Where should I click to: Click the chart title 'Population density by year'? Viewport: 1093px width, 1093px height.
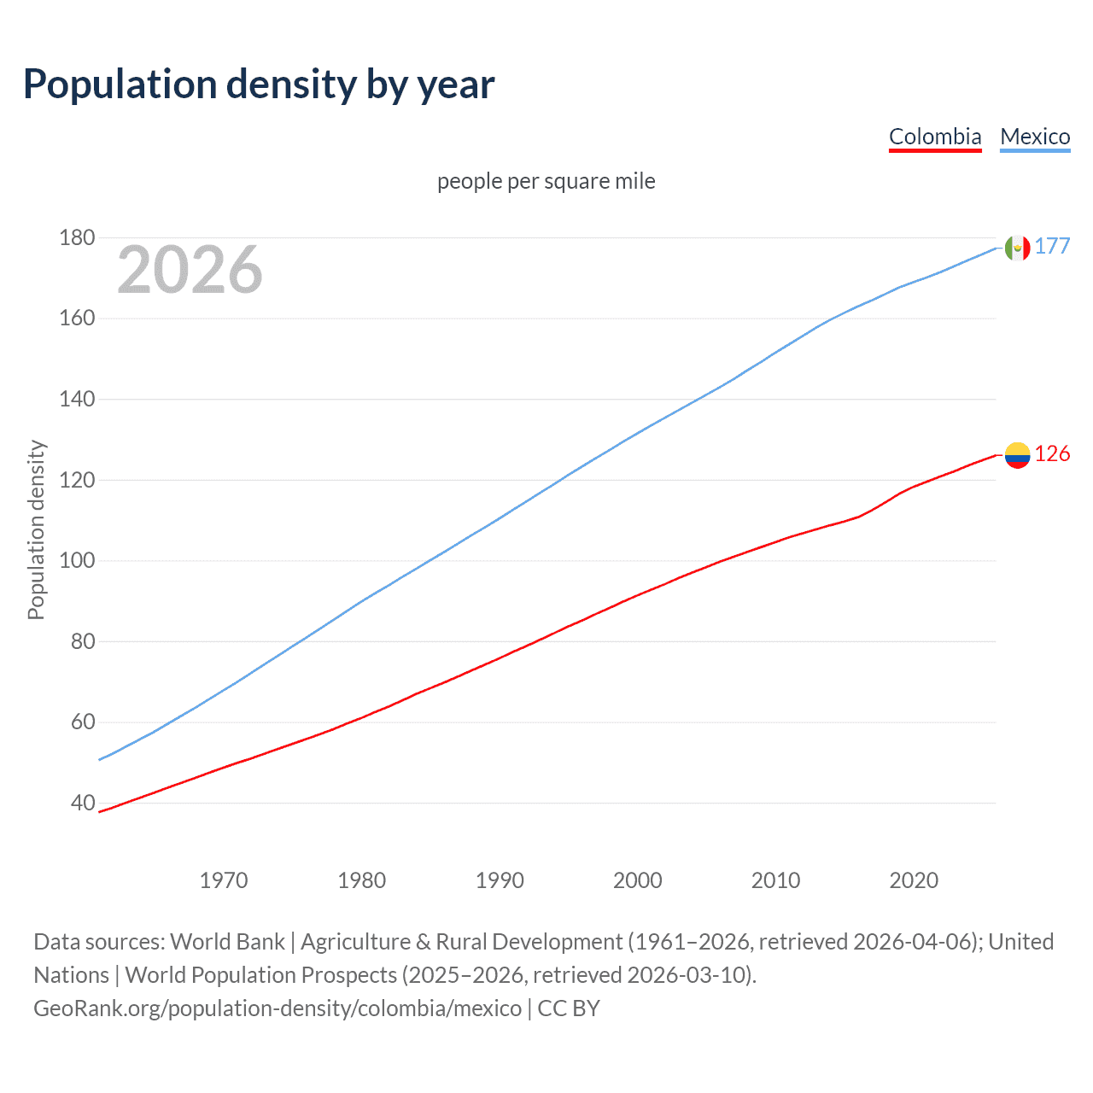pyautogui.click(x=259, y=84)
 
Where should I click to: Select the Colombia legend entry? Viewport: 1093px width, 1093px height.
pyautogui.click(x=935, y=137)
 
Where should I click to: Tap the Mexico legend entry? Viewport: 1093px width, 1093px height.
pyautogui.click(x=1035, y=137)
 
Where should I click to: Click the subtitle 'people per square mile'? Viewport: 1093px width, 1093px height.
pyautogui.click(x=546, y=181)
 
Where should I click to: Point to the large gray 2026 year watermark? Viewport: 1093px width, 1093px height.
pyautogui.click(x=190, y=270)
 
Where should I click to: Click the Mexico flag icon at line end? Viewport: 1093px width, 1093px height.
pyautogui.click(x=1017, y=248)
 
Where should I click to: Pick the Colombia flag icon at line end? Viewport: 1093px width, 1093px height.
pyautogui.click(x=1017, y=455)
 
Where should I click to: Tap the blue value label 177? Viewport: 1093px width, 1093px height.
pyautogui.click(x=1052, y=246)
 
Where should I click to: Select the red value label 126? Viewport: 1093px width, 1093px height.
pyautogui.click(x=1052, y=453)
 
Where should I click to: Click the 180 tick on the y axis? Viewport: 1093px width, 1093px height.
pyautogui.click(x=77, y=237)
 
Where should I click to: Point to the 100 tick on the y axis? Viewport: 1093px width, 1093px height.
pyautogui.click(x=77, y=561)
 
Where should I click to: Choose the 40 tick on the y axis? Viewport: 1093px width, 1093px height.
pyautogui.click(x=83, y=803)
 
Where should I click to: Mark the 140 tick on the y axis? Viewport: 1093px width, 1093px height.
pyautogui.click(x=77, y=399)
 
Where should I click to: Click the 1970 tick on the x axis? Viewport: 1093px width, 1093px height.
pyautogui.click(x=224, y=880)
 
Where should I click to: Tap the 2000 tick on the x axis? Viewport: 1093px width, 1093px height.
pyautogui.click(x=638, y=880)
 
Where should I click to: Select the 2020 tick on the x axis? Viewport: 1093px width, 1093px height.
pyautogui.click(x=914, y=880)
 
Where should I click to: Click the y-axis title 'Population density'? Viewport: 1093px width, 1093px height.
pyautogui.click(x=36, y=529)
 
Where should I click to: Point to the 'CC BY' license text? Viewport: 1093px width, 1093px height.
pyautogui.click(x=569, y=1008)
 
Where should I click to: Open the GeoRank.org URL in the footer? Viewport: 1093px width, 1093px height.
pyautogui.click(x=278, y=1008)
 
